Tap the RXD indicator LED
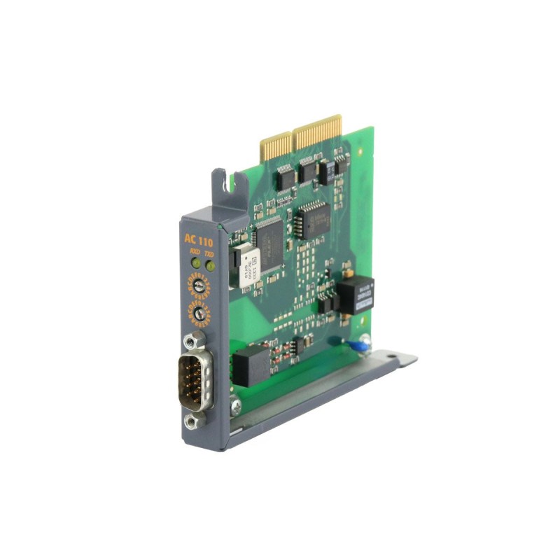[x=195, y=264]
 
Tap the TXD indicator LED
[x=209, y=265]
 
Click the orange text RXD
[x=195, y=253]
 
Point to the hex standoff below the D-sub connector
[x=192, y=420]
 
